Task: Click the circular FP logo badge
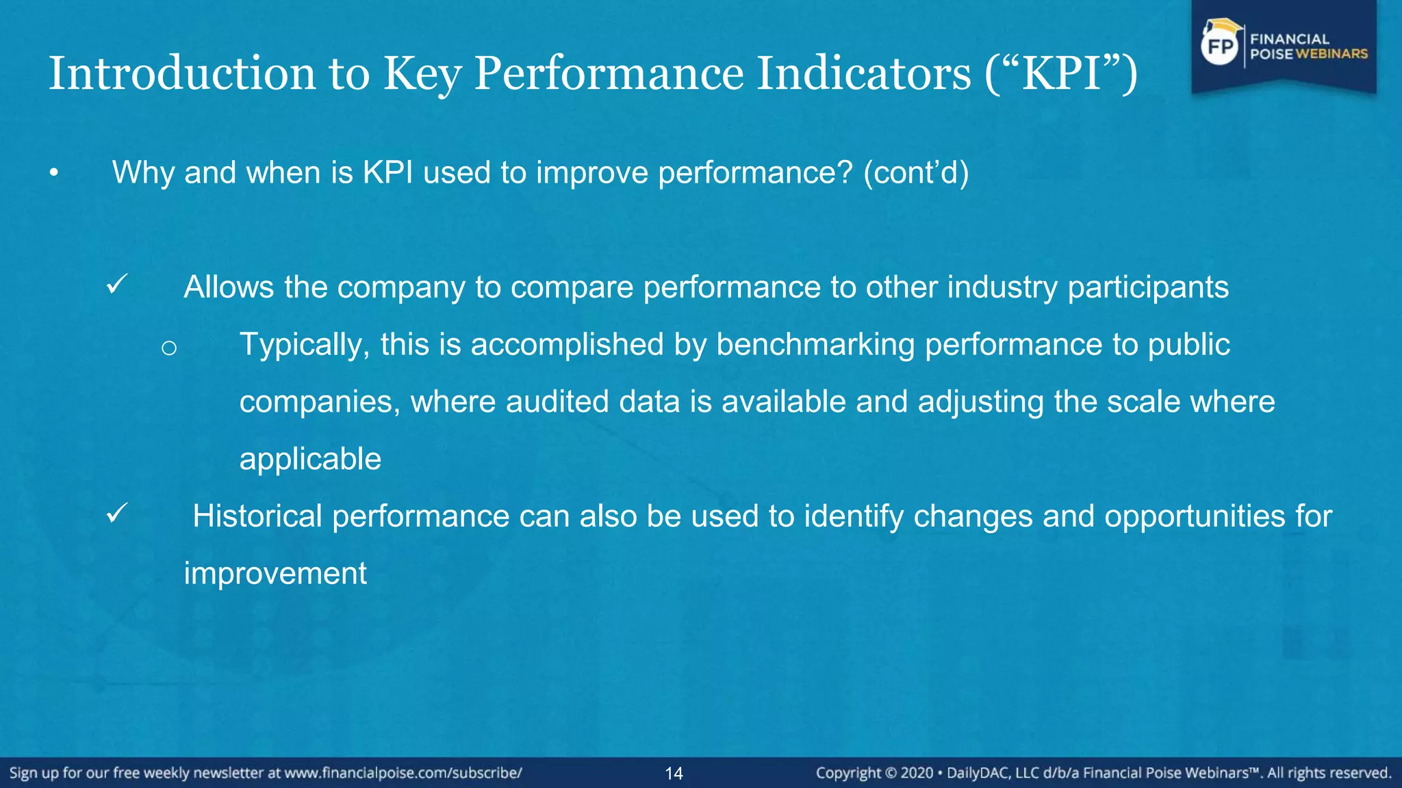click(x=1221, y=47)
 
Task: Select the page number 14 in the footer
click(x=674, y=774)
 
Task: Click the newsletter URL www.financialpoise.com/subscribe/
click(x=403, y=773)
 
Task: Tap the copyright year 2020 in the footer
click(x=917, y=773)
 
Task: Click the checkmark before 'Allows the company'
click(x=117, y=284)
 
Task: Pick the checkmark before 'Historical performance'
click(x=117, y=513)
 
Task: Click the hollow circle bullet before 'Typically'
click(x=169, y=348)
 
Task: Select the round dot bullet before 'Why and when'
click(x=54, y=174)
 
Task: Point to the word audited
click(x=557, y=402)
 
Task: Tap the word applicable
click(x=310, y=459)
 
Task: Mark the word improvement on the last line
click(x=275, y=573)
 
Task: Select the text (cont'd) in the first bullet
click(x=916, y=172)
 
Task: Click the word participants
click(x=1148, y=287)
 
